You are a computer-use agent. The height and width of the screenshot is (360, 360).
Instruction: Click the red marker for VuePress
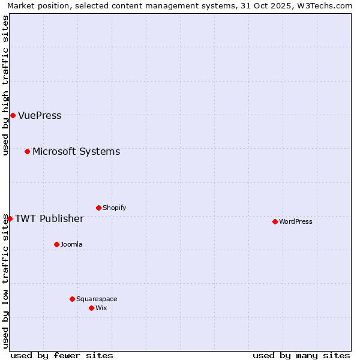click(13, 115)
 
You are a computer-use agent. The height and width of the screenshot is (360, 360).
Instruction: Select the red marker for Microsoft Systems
click(27, 151)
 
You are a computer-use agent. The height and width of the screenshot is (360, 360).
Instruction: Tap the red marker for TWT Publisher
click(10, 218)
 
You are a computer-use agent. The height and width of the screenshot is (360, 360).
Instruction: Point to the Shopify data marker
click(98, 208)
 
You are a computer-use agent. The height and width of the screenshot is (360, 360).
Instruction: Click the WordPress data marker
click(275, 221)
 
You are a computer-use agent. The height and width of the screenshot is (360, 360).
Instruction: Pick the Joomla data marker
click(56, 244)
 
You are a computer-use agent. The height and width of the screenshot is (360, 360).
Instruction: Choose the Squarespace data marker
click(72, 299)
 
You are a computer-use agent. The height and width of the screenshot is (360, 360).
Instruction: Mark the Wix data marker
click(91, 308)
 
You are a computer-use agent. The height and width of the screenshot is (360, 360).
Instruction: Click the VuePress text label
click(40, 116)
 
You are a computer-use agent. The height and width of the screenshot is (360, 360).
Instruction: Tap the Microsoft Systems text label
click(76, 152)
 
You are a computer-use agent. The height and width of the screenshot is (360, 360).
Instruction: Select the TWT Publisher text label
click(49, 218)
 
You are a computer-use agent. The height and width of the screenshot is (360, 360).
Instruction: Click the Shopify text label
click(114, 208)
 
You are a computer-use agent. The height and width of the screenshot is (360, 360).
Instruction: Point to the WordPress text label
click(295, 222)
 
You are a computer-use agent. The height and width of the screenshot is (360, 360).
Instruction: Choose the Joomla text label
click(71, 245)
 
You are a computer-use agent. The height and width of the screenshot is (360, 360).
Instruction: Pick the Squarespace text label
click(97, 299)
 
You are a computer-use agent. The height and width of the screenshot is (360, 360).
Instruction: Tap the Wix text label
click(101, 308)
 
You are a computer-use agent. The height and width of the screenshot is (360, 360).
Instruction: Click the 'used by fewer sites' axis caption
click(62, 355)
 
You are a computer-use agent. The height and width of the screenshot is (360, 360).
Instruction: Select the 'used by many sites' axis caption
click(301, 355)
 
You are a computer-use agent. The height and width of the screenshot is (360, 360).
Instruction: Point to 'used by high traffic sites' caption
click(6, 85)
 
